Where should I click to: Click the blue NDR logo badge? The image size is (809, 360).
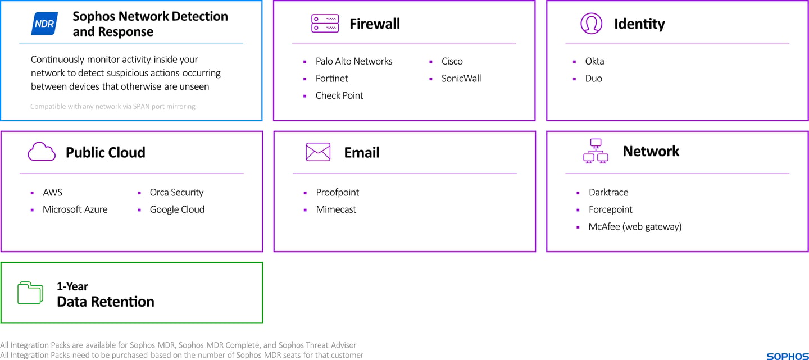44,24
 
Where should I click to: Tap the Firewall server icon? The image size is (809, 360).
325,24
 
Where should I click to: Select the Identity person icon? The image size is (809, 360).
591,24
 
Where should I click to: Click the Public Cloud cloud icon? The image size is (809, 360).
42,151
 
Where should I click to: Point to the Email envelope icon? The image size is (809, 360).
318,152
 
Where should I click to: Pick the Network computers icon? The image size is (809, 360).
596,151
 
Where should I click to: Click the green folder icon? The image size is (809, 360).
30,293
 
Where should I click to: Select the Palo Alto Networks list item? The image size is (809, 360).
353,61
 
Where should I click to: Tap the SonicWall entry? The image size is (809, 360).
461,79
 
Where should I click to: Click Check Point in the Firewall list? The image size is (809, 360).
339,95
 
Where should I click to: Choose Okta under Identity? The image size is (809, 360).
594,61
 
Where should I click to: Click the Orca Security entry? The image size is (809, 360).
176,193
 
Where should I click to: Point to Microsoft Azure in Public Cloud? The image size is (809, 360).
75,209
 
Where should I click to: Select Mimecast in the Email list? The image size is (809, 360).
336,209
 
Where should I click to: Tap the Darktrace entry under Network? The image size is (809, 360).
608,193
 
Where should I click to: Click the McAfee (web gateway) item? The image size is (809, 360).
635,227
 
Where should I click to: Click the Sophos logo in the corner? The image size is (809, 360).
788,356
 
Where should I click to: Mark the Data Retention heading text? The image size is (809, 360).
106,302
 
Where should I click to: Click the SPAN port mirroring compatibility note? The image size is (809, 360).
113,107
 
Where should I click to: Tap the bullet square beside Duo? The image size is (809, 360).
574,79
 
